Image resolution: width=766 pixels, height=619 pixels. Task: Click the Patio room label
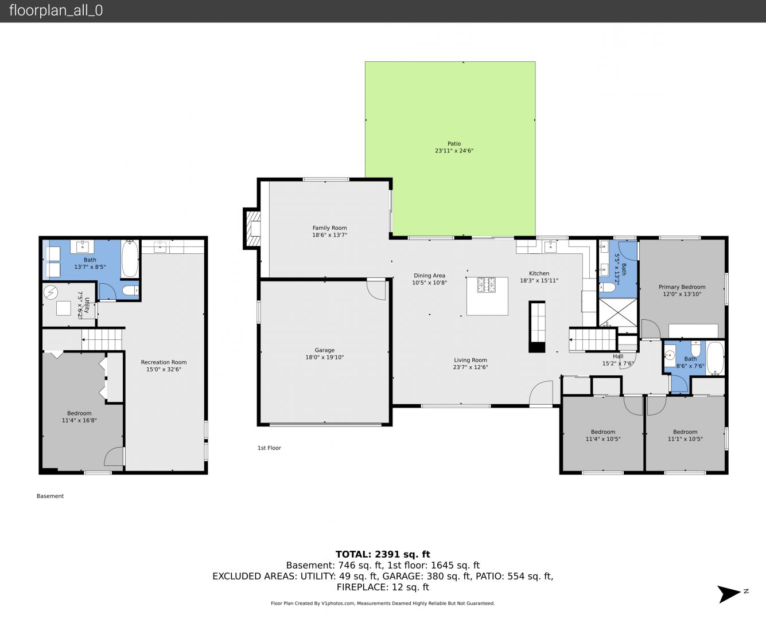tap(454, 144)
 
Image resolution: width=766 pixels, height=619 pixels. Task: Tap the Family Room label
tap(329, 228)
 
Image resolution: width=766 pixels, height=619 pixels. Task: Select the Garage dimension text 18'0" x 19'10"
tap(324, 357)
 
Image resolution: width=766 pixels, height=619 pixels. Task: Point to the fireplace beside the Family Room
tap(252, 229)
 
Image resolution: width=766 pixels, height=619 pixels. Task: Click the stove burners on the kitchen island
tap(486, 285)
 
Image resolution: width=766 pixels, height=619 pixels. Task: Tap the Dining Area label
tap(429, 276)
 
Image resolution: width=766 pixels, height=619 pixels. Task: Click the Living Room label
tap(471, 360)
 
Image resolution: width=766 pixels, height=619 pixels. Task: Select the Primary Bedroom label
tap(682, 287)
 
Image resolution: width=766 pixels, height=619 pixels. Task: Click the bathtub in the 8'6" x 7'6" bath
tap(715, 358)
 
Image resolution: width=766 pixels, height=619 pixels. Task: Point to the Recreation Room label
tap(164, 362)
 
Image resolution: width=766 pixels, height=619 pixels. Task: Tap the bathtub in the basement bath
tap(130, 258)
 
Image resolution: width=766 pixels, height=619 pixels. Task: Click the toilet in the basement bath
tap(130, 290)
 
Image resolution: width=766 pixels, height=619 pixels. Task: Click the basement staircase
tap(102, 339)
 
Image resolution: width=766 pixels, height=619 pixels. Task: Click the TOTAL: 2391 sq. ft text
tap(383, 554)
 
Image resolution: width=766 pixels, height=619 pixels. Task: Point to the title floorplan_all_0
tap(56, 10)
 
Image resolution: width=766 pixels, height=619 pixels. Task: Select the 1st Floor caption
tap(269, 448)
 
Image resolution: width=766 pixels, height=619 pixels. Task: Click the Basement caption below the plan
tap(50, 496)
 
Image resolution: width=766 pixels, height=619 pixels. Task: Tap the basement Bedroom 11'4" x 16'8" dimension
tap(79, 420)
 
